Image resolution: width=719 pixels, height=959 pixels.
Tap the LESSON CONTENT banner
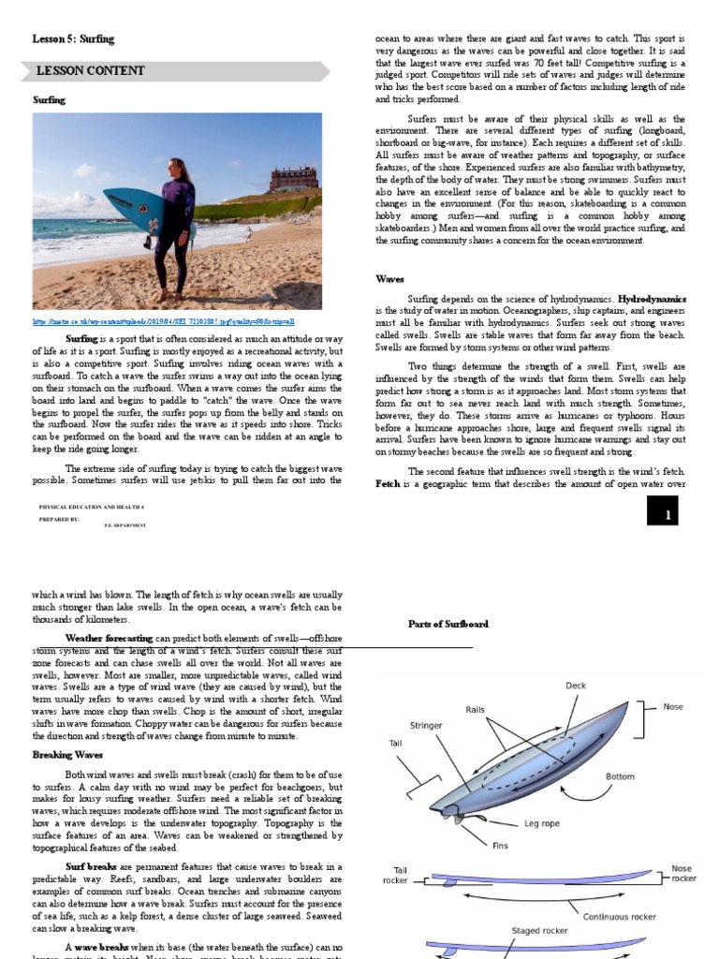[x=90, y=71]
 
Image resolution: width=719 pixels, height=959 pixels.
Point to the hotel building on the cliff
[x=293, y=179]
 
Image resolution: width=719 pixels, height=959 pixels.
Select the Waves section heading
[x=390, y=279]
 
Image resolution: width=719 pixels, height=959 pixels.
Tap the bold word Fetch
[x=389, y=484]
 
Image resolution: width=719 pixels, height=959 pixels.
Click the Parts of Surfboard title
[x=448, y=624]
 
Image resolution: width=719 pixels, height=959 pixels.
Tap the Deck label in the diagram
[x=576, y=686]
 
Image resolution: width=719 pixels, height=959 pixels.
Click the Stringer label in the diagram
[x=426, y=726]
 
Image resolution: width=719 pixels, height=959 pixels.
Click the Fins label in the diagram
[x=500, y=845]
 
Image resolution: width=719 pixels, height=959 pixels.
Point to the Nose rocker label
[x=683, y=874]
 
